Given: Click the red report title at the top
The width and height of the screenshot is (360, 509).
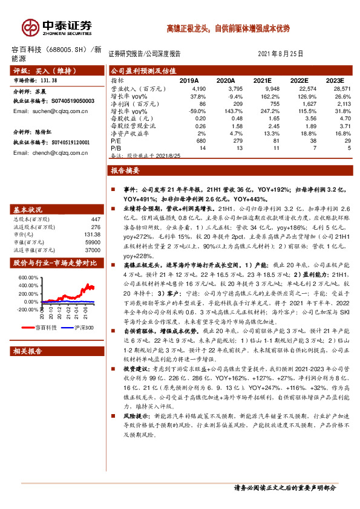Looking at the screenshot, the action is point(228,28).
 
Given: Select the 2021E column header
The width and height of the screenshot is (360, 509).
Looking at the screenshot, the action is point(262,80).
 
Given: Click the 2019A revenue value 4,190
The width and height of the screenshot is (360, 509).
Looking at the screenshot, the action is point(198,88).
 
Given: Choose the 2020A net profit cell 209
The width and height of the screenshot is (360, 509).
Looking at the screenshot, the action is point(230,103).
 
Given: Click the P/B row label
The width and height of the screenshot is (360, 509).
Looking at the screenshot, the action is point(116,148).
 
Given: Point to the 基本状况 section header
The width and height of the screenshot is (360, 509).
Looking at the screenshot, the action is point(29,209).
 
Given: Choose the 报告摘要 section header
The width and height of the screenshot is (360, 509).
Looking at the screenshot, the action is point(126,171).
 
